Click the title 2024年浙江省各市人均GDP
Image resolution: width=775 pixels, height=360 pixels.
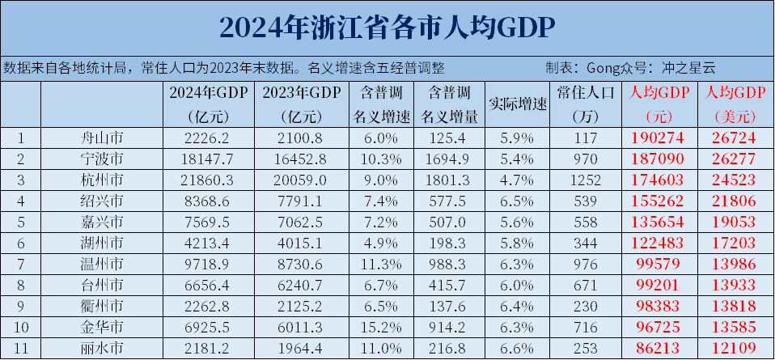[387, 28]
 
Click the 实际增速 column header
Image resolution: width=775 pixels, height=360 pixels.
[519, 104]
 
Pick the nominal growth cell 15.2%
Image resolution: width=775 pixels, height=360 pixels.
[374, 326]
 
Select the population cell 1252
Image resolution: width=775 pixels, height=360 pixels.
[587, 179]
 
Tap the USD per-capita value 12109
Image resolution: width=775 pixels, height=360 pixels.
[735, 347]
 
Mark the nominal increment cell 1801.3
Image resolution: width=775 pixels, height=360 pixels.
[447, 179]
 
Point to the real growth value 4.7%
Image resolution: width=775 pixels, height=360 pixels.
[519, 179]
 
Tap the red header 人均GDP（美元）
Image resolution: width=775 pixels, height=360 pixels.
[735, 104]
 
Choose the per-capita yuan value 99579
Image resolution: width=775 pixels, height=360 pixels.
[659, 263]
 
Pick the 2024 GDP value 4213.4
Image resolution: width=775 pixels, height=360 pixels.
[207, 242]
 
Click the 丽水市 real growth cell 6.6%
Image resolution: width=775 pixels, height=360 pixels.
[519, 347]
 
